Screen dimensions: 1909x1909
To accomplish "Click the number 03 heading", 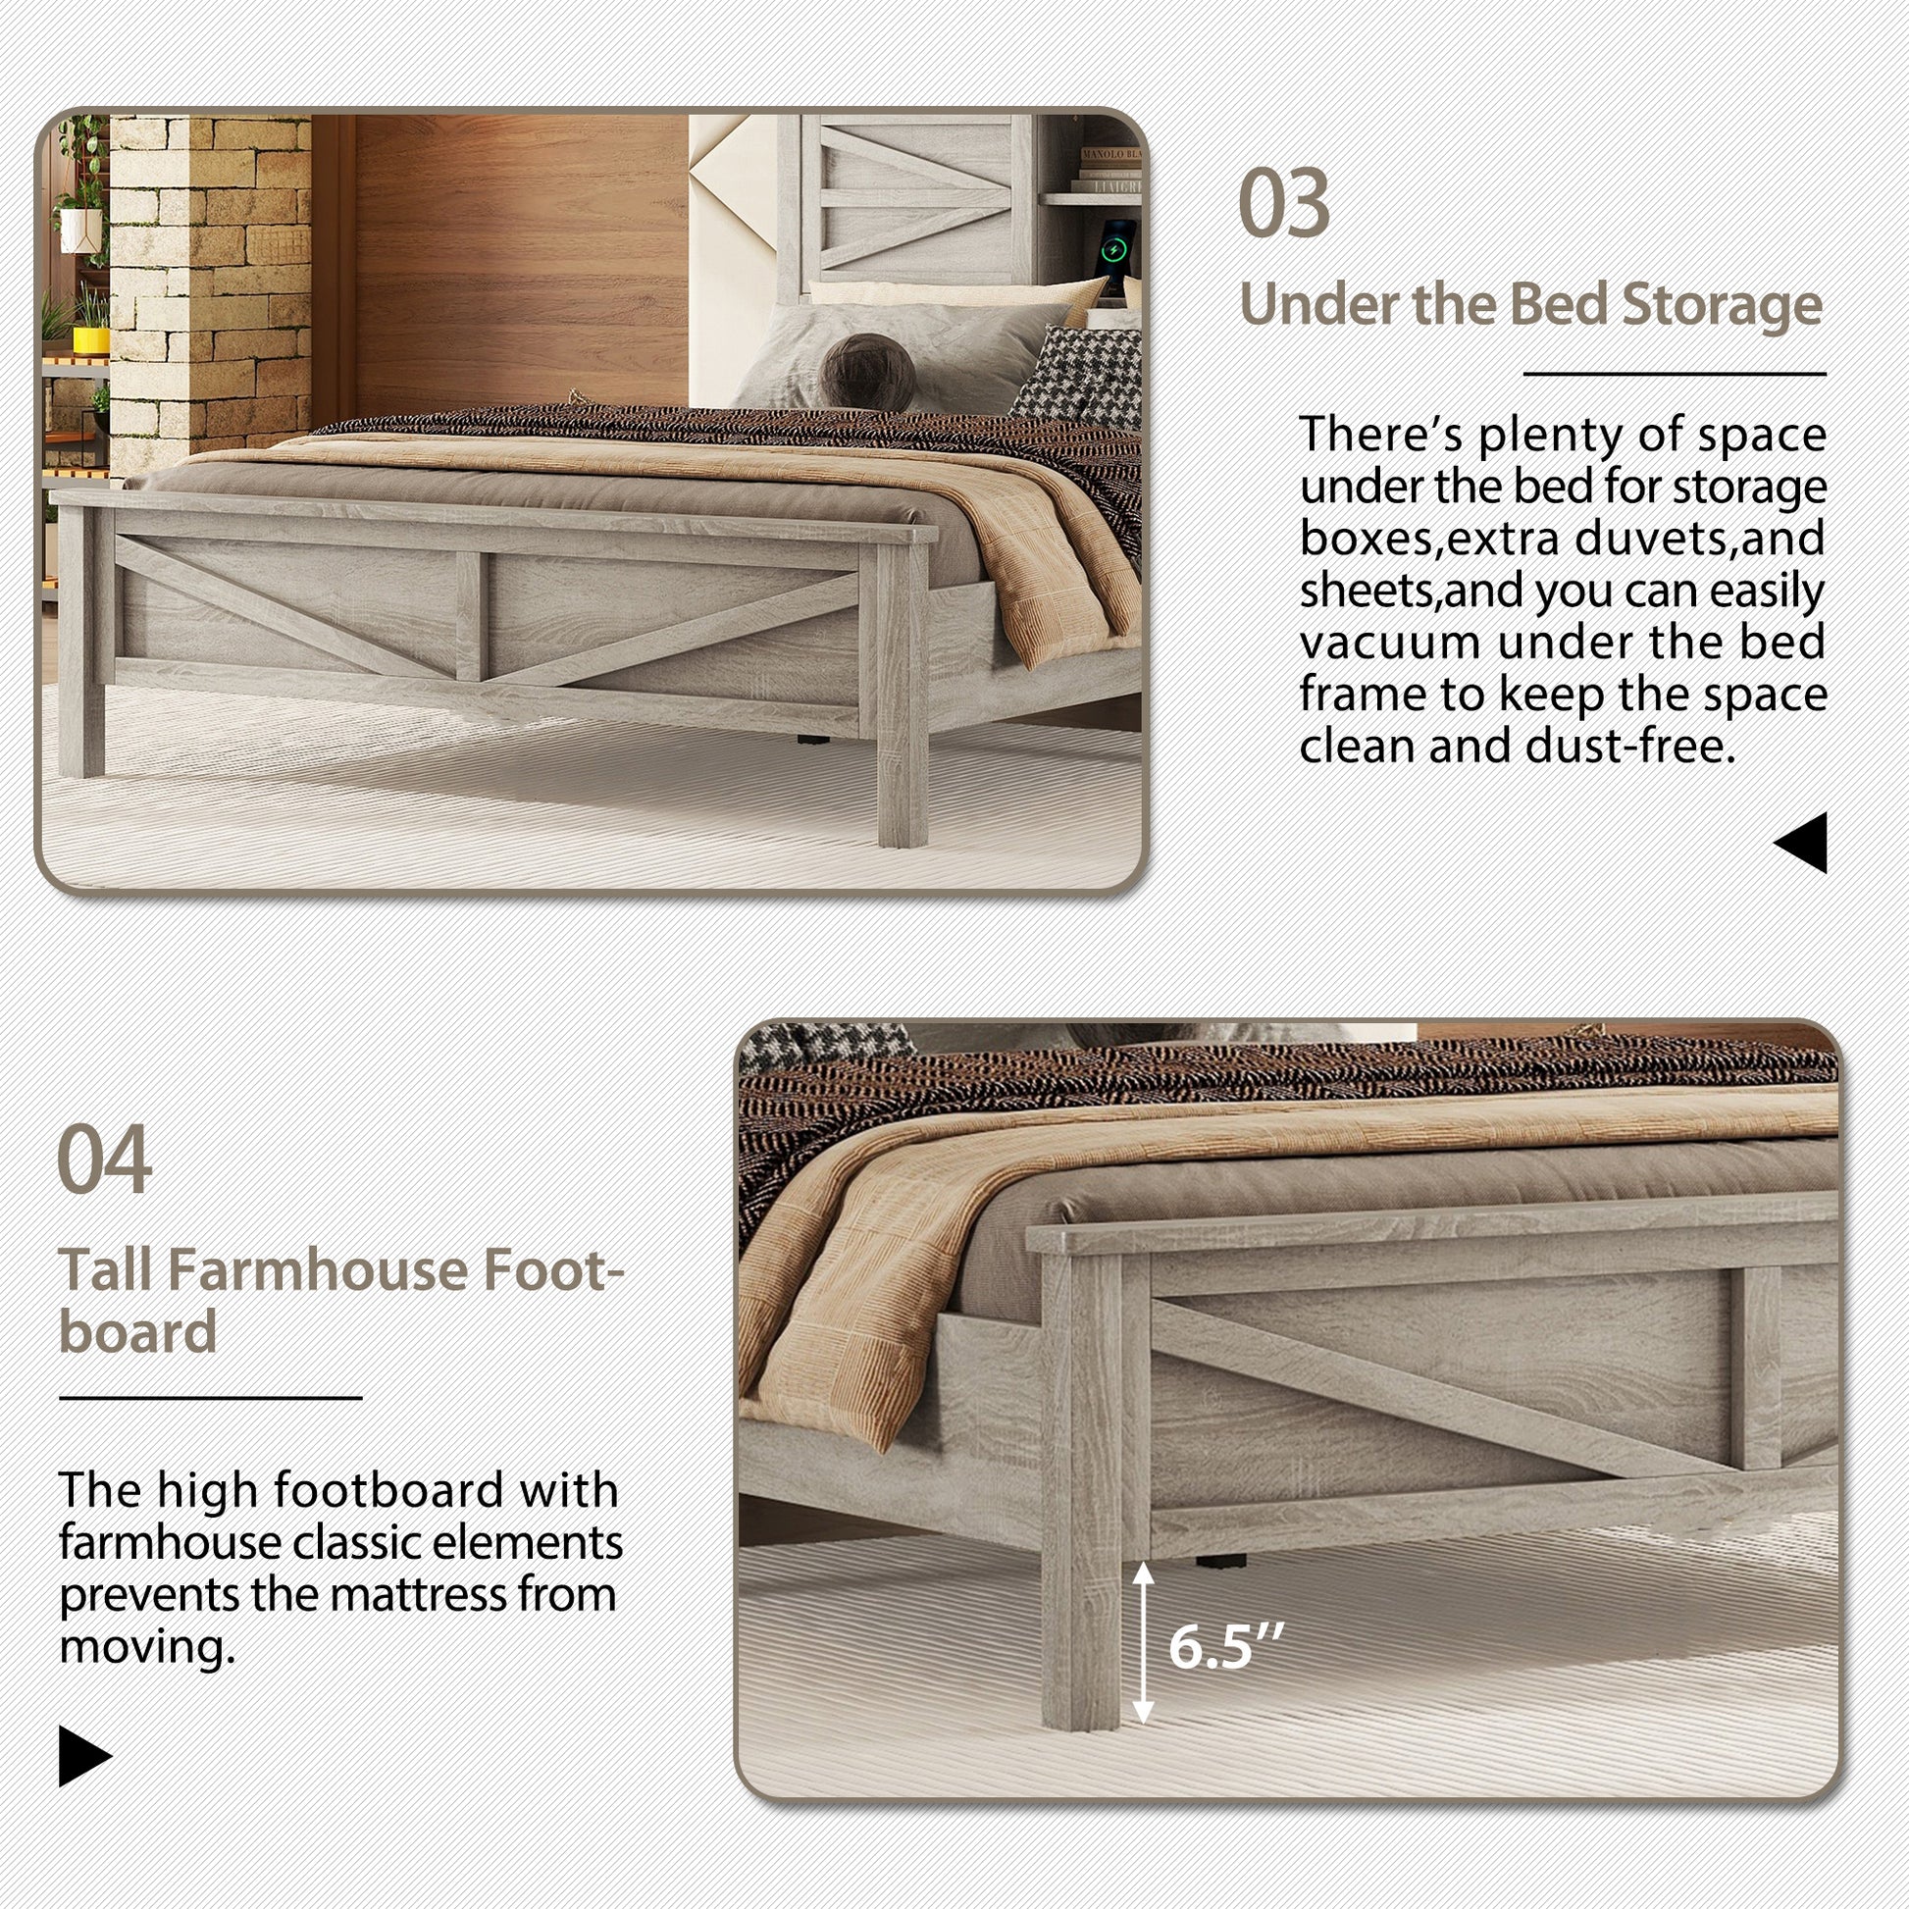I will click(1283, 203).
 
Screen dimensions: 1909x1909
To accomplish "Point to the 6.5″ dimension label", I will click(1225, 1646).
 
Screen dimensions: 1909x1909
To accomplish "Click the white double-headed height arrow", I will click(1142, 1642).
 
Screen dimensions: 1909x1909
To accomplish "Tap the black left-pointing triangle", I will click(1802, 842).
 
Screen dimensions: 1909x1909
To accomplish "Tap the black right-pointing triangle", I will click(84, 1757).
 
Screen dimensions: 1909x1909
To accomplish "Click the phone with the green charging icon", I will click(1117, 252).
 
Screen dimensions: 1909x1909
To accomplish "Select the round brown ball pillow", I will click(867, 371).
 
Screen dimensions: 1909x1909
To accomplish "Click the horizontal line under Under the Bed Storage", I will click(1674, 374).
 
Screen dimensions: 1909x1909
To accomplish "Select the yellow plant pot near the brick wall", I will click(91, 338).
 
